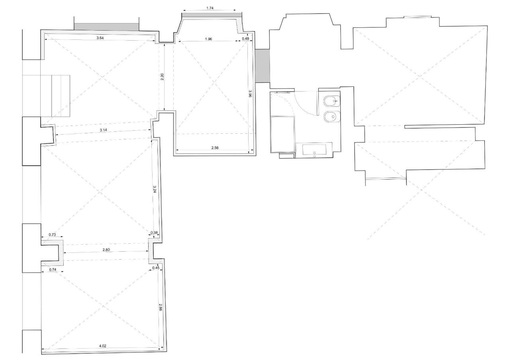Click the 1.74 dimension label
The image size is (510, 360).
pos(210,8)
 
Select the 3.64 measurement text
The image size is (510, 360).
pos(100,38)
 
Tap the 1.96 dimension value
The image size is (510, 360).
pos(208,39)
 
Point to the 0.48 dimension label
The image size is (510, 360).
pos(245,39)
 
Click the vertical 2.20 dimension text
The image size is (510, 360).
pos(162,77)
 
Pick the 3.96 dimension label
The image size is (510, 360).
pos(250,94)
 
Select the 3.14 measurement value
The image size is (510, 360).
pos(103,130)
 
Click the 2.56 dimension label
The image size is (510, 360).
pos(215,148)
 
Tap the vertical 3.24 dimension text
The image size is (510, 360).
pos(155,189)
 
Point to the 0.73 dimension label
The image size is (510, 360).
pos(52,235)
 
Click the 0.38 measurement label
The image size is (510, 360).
pos(154,233)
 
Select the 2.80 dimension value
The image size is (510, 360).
pos(106,250)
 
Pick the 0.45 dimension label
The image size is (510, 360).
pos(156,268)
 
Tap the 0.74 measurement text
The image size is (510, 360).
pos(53,270)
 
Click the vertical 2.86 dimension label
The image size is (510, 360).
pos(161,307)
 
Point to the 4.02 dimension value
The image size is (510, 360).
pos(103,346)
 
